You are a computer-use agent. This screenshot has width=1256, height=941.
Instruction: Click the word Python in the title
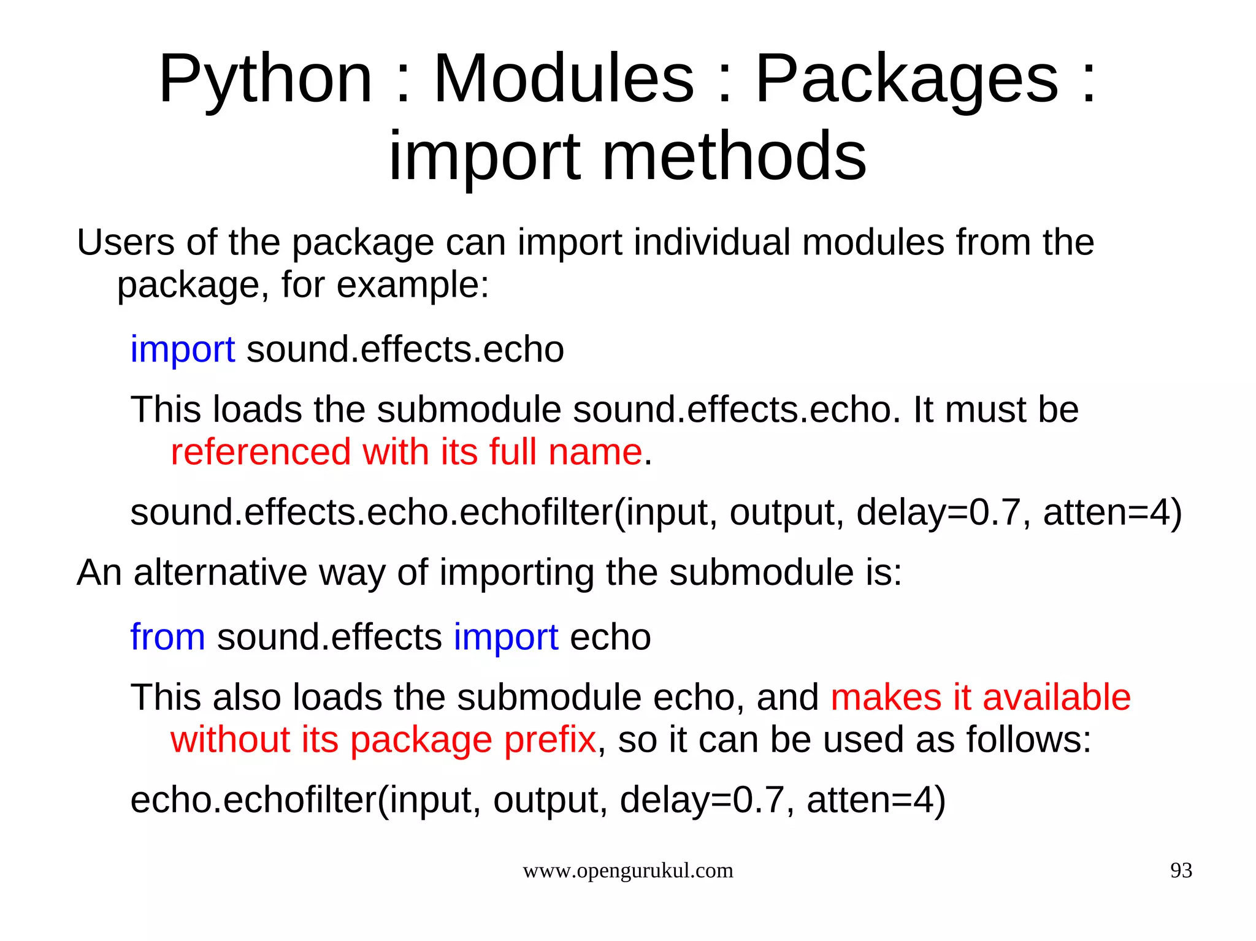click(265, 80)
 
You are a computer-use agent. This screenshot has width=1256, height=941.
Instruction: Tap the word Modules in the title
click(564, 80)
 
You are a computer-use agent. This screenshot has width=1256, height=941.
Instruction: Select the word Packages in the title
click(906, 80)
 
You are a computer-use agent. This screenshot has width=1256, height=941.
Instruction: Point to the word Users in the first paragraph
click(126, 242)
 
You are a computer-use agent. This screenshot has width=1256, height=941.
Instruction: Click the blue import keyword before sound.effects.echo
click(182, 349)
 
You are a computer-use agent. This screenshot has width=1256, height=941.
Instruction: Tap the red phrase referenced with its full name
click(406, 452)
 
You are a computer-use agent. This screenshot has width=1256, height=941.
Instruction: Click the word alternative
click(220, 573)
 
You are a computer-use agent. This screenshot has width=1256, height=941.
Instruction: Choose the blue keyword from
click(167, 637)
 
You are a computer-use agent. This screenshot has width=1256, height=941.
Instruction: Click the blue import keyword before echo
click(506, 637)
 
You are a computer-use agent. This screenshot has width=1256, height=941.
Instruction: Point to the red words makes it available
click(980, 697)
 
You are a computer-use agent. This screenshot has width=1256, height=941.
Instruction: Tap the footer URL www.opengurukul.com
click(627, 871)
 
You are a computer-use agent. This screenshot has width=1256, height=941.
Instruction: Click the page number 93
click(1181, 871)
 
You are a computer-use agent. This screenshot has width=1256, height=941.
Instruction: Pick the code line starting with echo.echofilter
click(538, 800)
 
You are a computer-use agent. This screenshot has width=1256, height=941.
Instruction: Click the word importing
click(516, 573)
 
